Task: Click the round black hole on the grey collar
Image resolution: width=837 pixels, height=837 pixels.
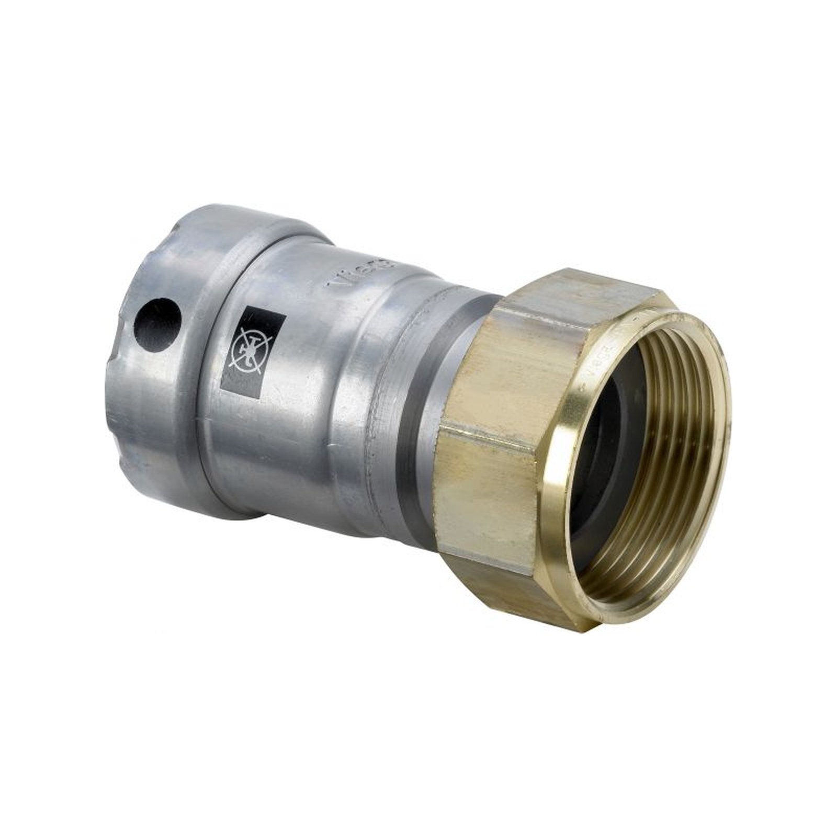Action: (x=157, y=321)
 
